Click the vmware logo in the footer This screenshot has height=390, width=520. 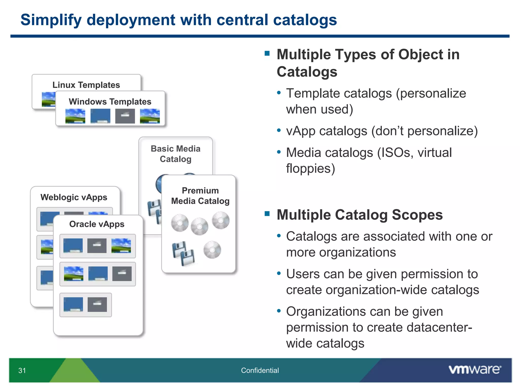(x=475, y=369)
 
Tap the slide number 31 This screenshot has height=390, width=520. (x=22, y=370)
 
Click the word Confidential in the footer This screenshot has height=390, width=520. (x=260, y=370)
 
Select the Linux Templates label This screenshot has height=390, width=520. (x=86, y=85)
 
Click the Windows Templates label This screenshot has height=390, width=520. (x=110, y=102)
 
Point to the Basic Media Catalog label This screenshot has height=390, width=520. (x=175, y=154)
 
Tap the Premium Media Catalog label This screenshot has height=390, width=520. (x=200, y=196)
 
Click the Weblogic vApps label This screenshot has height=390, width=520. (x=74, y=197)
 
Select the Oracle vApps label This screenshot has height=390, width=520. (x=97, y=224)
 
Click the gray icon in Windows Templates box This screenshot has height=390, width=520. (x=125, y=116)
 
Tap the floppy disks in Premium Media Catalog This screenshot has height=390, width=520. (x=183, y=254)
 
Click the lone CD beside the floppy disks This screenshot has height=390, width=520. (x=212, y=250)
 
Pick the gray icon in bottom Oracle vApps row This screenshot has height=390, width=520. (x=97, y=304)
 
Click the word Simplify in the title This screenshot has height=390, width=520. (x=51, y=20)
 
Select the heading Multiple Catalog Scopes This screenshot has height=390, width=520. (x=360, y=215)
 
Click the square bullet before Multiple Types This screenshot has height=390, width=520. (x=267, y=53)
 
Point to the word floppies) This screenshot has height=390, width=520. (x=311, y=169)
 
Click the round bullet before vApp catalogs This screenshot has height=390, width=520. (x=279, y=131)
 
